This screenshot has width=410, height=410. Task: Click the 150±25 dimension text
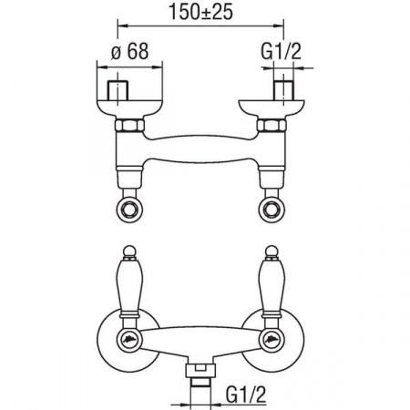point(200,12)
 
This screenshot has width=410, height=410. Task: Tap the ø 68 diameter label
point(130,51)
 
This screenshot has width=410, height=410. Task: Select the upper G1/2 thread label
point(282,51)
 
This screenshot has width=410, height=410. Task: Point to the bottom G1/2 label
point(246,395)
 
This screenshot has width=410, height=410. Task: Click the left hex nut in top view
point(129,125)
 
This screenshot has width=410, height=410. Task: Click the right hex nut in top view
point(272,125)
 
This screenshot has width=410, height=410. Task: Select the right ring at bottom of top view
point(272,210)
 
